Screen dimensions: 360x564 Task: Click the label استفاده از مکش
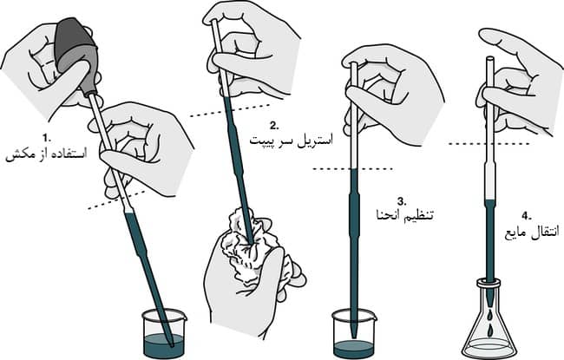pos(49,156)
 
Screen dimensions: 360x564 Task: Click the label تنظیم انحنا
pos(403,215)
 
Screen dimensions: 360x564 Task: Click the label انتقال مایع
pos(528,232)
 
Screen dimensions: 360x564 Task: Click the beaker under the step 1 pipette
pos(161,333)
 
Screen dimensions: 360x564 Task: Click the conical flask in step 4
pos(492,325)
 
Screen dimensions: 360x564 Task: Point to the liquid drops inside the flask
pos(492,328)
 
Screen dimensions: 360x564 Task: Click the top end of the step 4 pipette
pos(491,59)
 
